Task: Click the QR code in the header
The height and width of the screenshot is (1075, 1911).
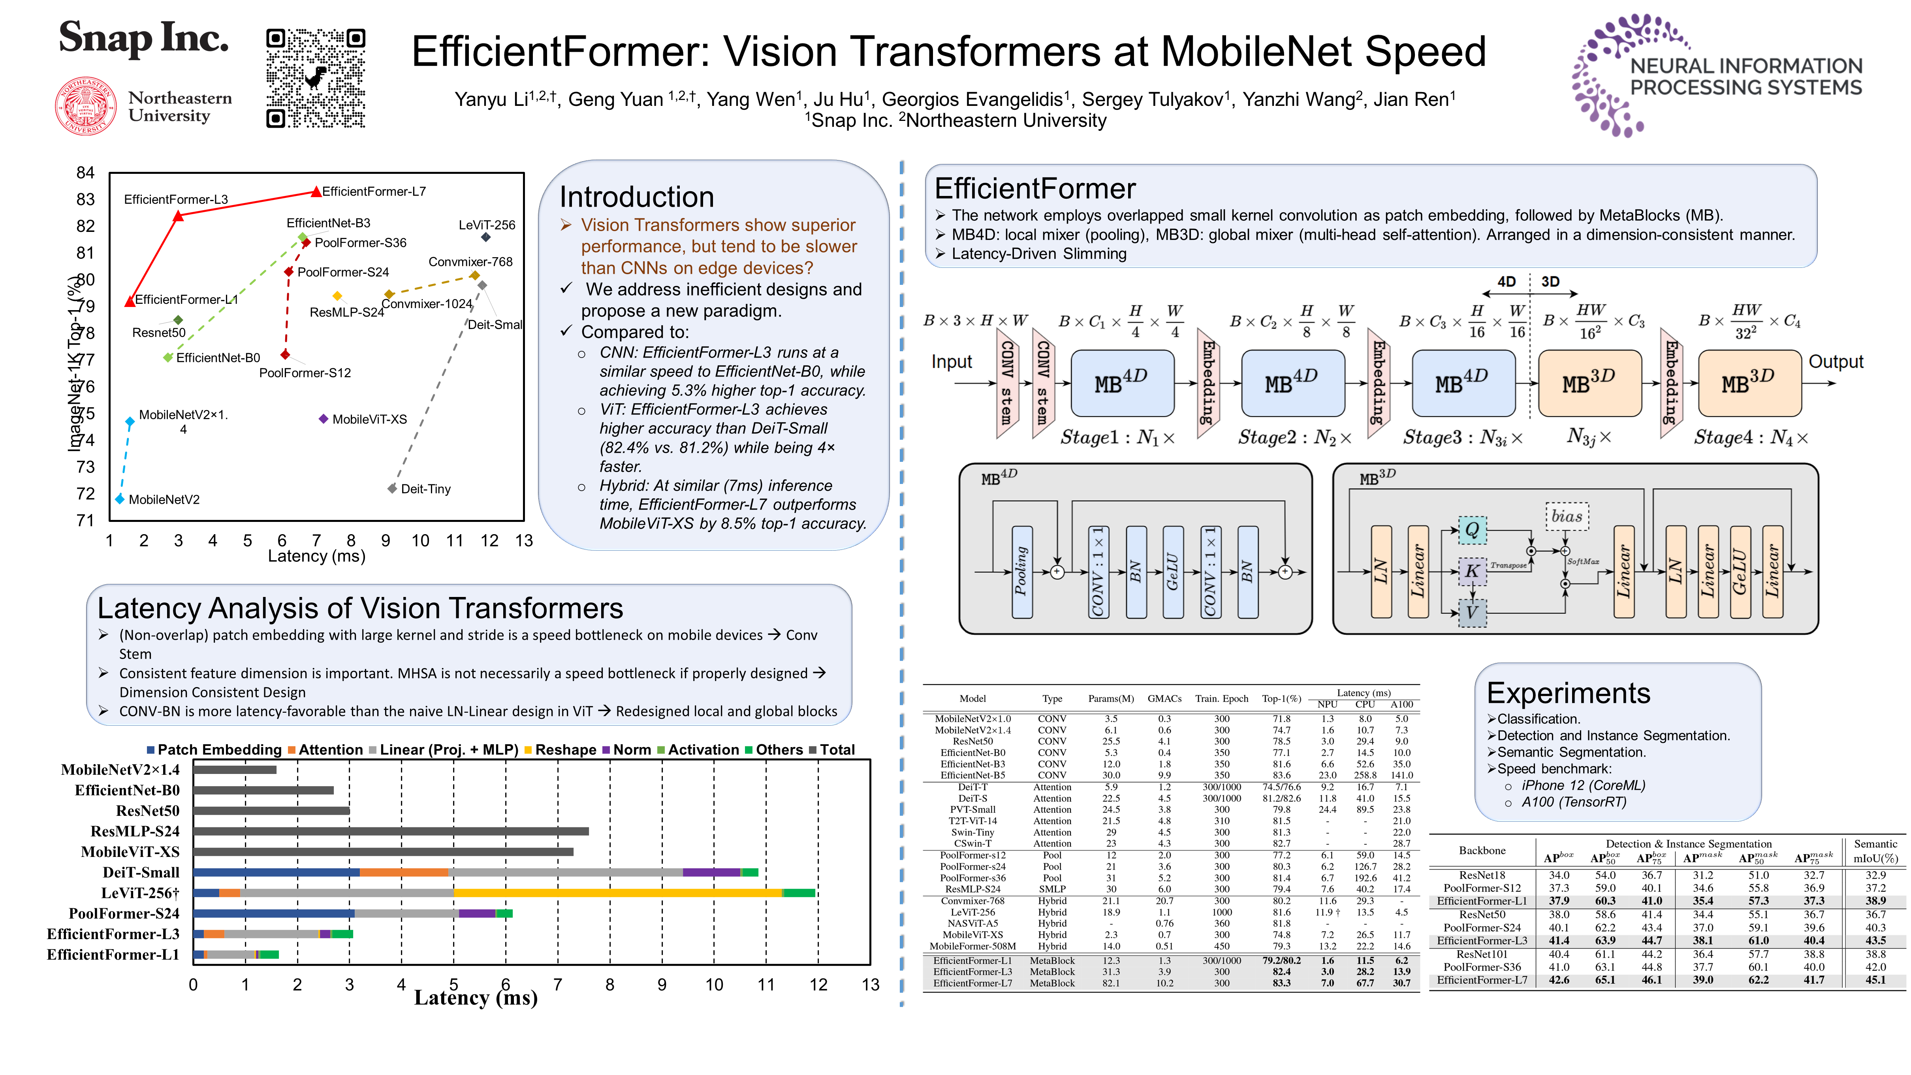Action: [x=315, y=78]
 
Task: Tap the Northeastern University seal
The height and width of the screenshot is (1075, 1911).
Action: [x=86, y=106]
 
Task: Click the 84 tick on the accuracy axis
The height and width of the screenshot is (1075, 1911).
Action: [x=85, y=173]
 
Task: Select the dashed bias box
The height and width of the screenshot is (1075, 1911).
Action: [x=1567, y=516]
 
